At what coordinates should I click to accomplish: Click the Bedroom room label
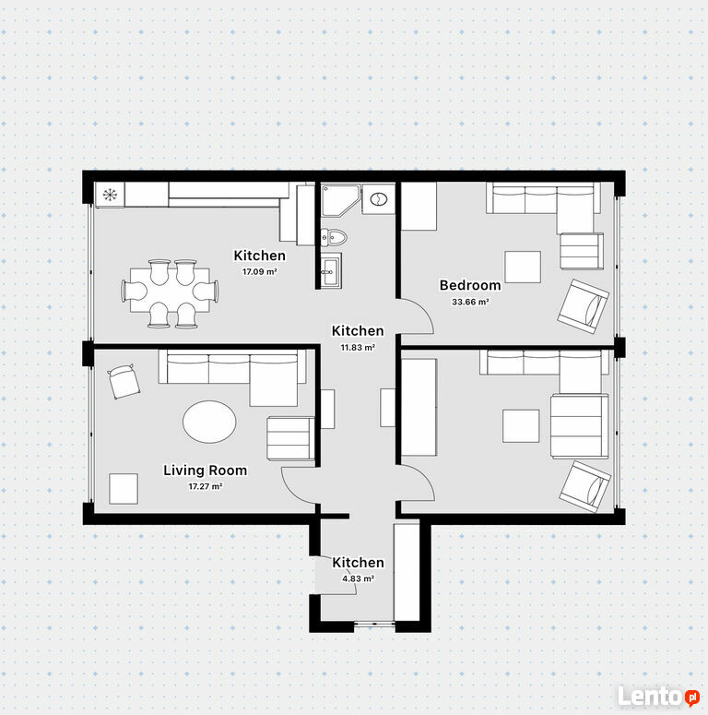point(470,285)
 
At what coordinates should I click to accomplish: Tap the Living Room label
point(206,471)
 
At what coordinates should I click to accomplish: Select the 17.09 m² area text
point(260,272)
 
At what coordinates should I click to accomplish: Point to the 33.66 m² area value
point(470,302)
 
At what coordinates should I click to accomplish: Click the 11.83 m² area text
point(358,348)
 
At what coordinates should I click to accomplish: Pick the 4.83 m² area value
point(358,578)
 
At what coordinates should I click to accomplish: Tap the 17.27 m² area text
point(206,486)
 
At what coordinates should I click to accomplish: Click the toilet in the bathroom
point(334,237)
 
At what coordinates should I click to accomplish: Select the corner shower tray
point(340,200)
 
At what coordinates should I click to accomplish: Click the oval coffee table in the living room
point(209,422)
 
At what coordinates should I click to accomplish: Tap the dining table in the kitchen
point(170,291)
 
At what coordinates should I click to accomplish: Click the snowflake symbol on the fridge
point(110,195)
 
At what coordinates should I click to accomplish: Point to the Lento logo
point(658,696)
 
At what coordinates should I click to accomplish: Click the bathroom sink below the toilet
point(330,271)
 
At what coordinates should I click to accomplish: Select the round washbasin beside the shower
point(379,198)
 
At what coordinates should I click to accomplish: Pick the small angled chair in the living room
point(124,381)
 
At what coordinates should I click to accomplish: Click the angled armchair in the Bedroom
point(584,306)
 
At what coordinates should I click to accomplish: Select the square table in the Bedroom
point(523,267)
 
